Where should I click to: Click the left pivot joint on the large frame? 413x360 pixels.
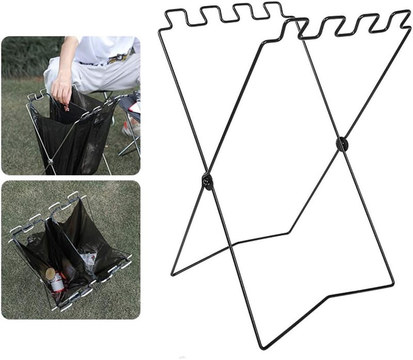coord(208,181)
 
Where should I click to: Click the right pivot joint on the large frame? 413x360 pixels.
coord(341,144)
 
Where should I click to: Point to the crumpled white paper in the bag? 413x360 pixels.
coord(89,261)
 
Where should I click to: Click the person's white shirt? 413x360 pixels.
coord(103,49)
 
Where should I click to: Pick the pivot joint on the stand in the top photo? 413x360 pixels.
coord(51,161)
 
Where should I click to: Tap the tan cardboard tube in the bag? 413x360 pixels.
coord(50,273)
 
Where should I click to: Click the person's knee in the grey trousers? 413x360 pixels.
coord(54,67)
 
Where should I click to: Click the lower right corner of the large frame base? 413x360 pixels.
coord(394,284)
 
